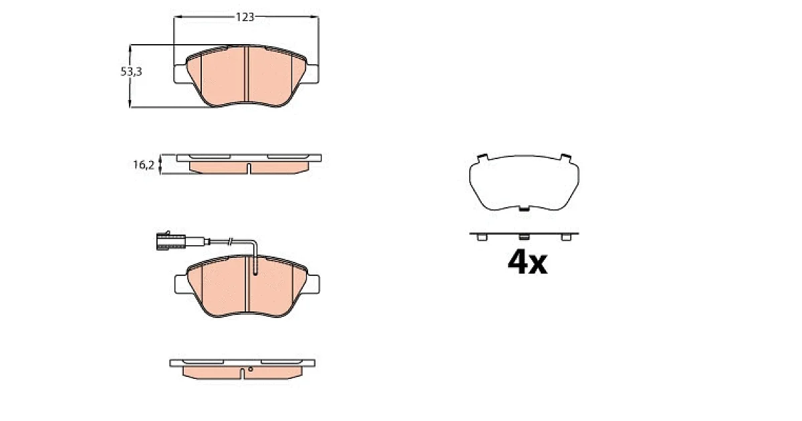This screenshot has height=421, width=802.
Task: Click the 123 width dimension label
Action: coord(245,17)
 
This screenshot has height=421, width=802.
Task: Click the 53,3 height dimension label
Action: coord(132,72)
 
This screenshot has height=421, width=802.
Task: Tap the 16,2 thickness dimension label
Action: coord(144,164)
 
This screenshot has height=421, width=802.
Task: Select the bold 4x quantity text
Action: coord(527,263)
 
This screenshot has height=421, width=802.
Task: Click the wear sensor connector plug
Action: coord(171,241)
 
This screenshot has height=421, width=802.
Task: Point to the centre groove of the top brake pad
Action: coord(246,74)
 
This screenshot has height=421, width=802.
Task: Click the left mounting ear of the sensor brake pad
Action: coord(182,284)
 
